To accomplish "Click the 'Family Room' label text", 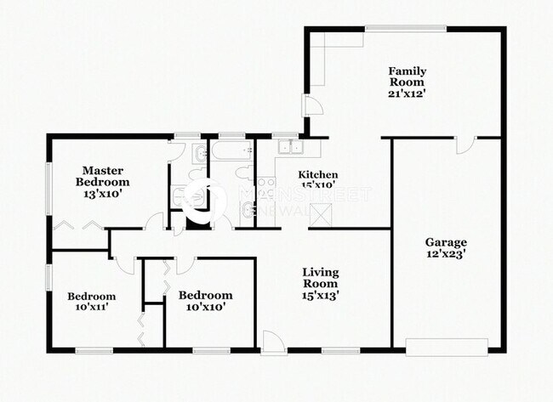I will click(x=407, y=76).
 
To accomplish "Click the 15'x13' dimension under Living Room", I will click(x=321, y=295).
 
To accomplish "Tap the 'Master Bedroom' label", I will click(x=103, y=176).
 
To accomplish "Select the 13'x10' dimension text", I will click(x=103, y=194).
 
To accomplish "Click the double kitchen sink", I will click(x=291, y=147).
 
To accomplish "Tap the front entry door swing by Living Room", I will click(x=272, y=342).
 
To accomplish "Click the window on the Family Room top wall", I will click(x=406, y=30).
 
